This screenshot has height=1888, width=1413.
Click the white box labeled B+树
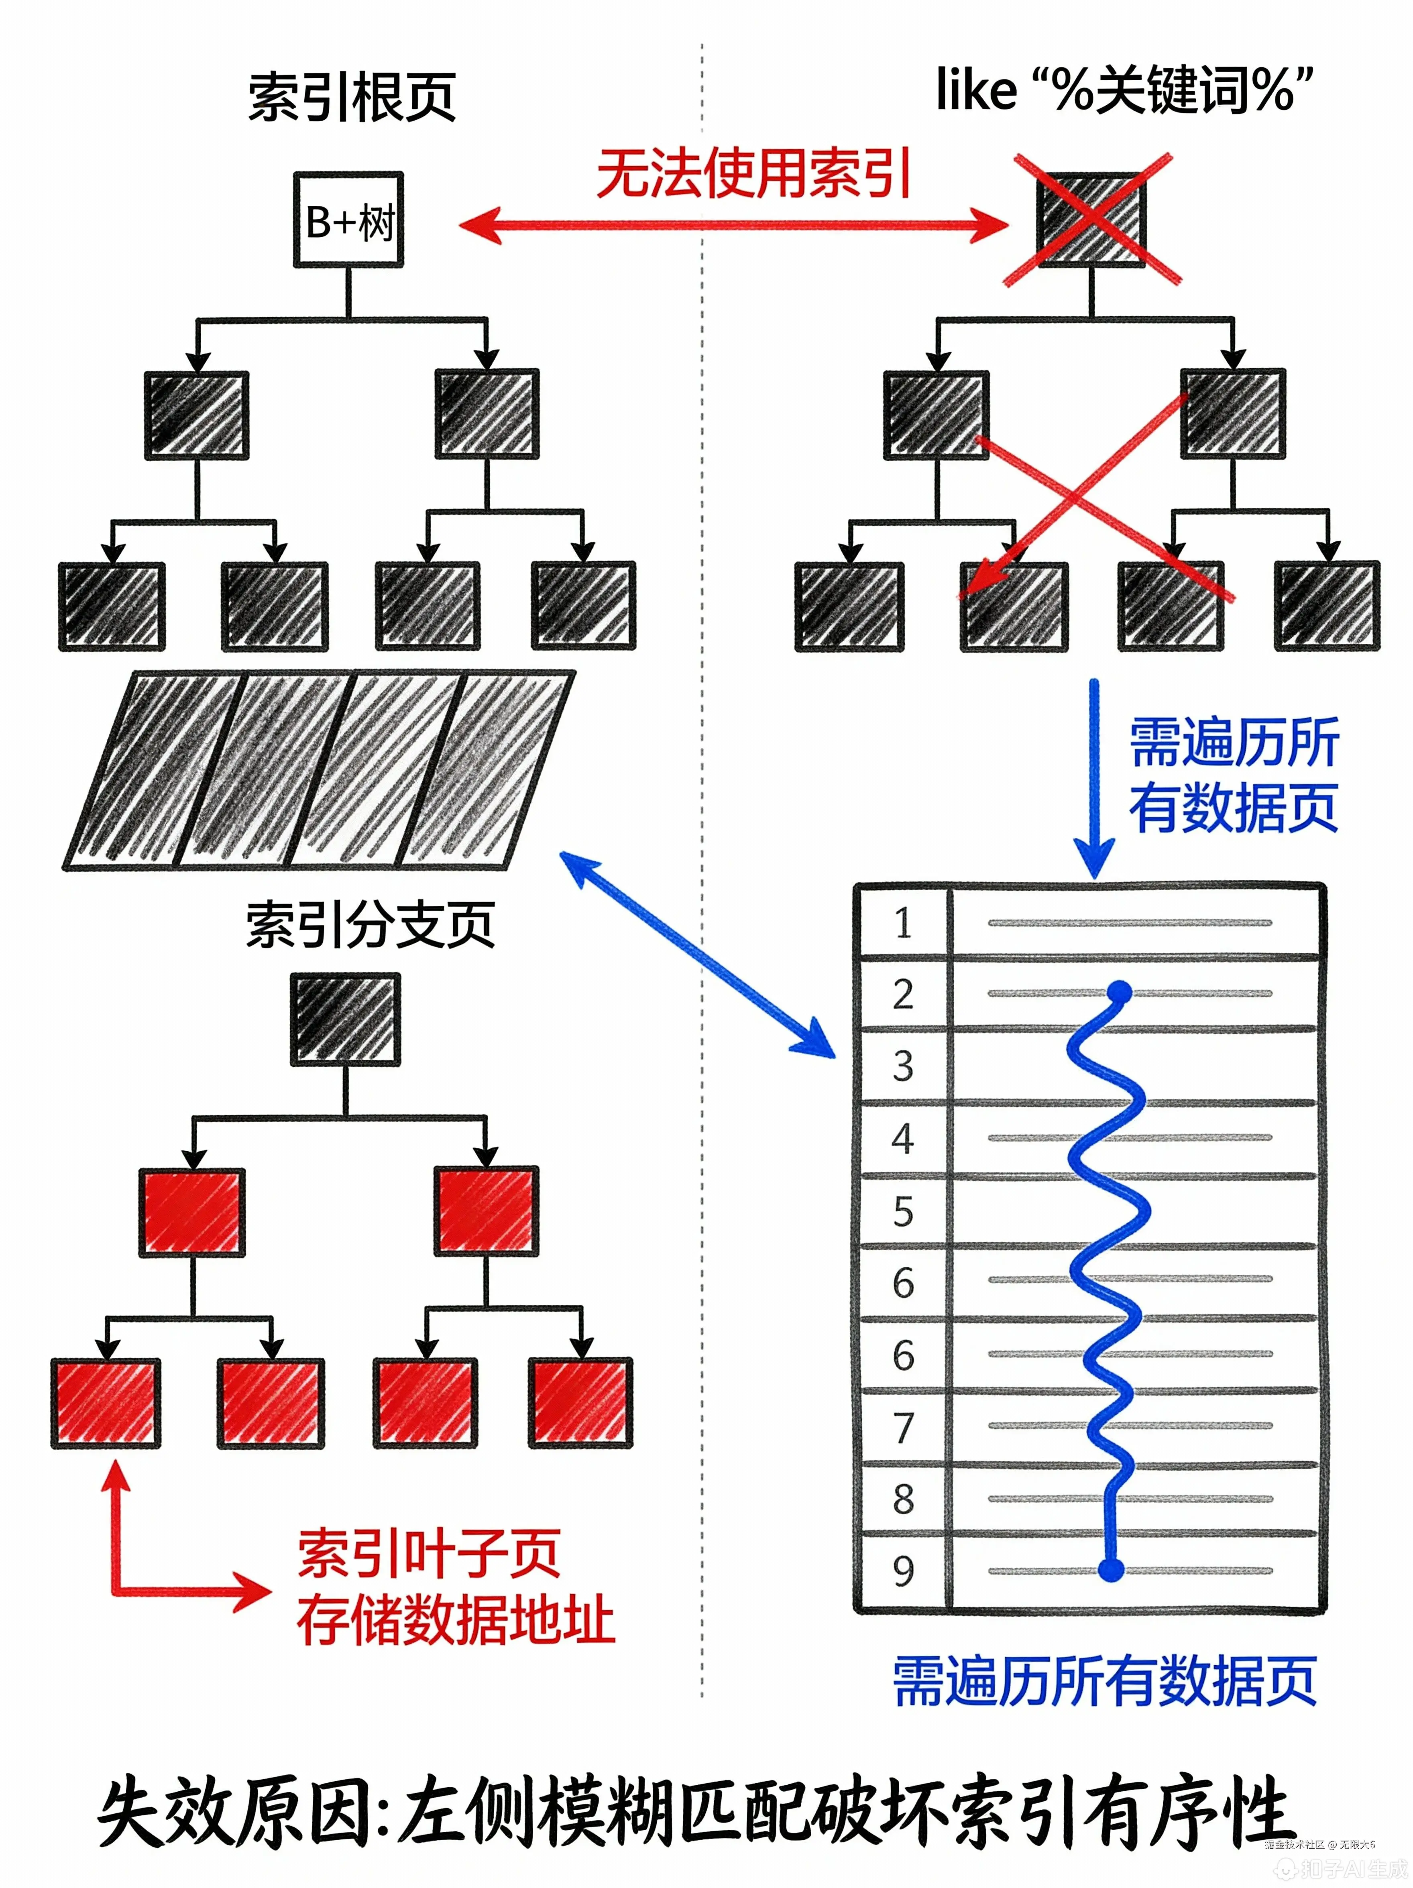tap(348, 220)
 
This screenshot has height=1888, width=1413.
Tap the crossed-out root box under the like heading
tap(1091, 220)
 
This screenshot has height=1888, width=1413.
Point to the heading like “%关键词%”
tap(1124, 90)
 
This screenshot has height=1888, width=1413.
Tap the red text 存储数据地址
tap(455, 1619)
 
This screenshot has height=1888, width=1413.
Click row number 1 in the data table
tap(902, 923)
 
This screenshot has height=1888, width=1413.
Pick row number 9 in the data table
tap(902, 1571)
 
